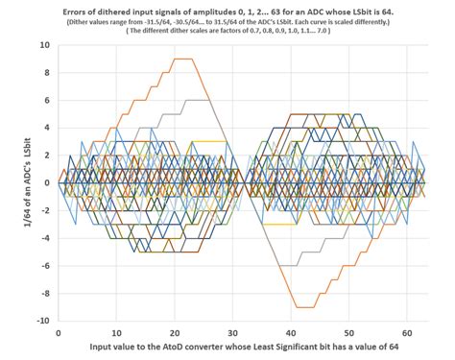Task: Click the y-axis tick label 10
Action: [x=45, y=45]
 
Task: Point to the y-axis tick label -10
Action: [x=43, y=321]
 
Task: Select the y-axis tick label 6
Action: [x=47, y=100]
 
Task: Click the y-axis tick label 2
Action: [x=47, y=156]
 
